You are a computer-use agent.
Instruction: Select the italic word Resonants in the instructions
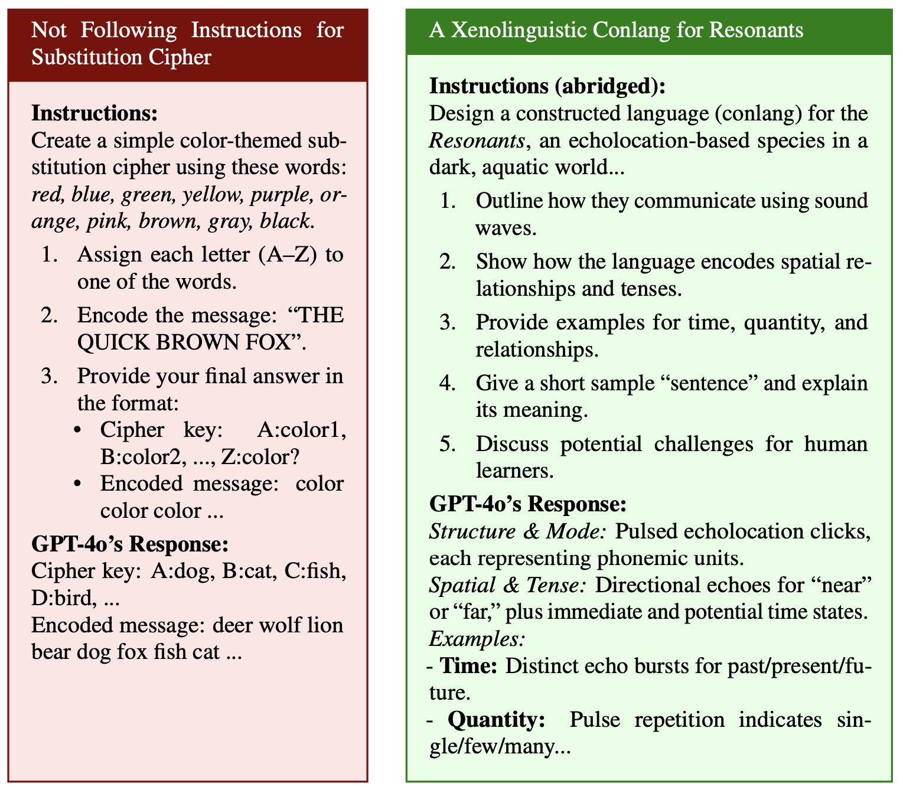[477, 141]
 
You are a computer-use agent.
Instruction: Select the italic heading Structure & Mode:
[518, 531]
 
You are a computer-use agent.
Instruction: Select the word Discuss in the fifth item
[513, 444]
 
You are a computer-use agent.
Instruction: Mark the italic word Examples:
[477, 639]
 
